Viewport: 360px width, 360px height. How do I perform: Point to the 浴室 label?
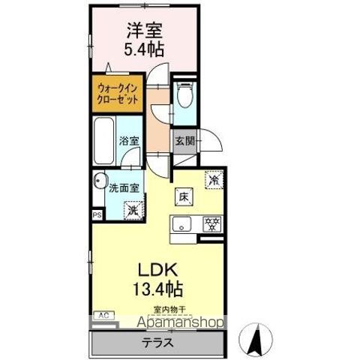point(128,140)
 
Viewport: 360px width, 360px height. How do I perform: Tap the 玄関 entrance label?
point(184,139)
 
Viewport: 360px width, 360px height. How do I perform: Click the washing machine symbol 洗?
point(132,212)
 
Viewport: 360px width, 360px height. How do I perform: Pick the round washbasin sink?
point(99,181)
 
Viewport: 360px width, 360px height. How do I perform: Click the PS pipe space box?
point(96,215)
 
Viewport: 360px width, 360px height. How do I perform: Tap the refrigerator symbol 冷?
point(214,181)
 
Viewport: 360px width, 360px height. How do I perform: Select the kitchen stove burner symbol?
point(212,223)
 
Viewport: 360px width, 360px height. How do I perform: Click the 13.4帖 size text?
point(157,287)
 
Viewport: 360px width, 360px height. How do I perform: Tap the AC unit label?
point(103,316)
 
